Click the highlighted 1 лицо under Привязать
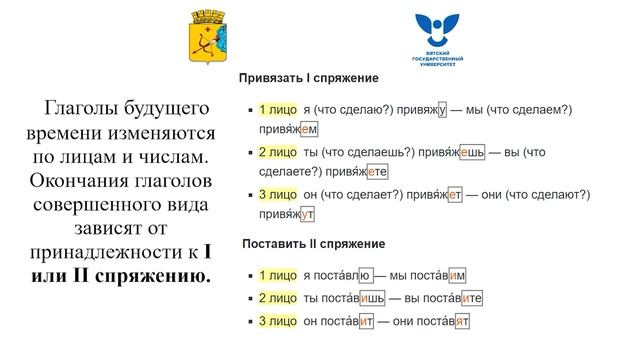(277, 110)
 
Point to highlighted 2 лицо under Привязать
(277, 152)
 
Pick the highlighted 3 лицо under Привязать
(277, 194)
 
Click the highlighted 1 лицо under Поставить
(277, 275)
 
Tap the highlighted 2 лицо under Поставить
(277, 298)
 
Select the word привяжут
(286, 213)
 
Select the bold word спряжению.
(155, 275)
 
